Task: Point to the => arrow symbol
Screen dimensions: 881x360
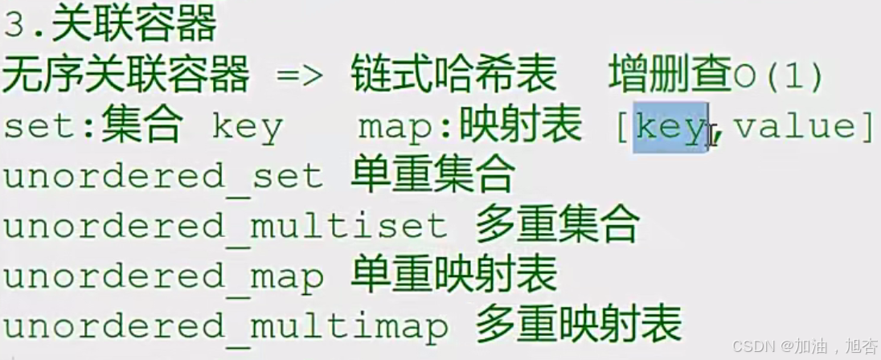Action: tap(299, 77)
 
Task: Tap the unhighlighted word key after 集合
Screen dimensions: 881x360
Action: tap(247, 128)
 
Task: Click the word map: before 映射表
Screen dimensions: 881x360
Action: tap(407, 127)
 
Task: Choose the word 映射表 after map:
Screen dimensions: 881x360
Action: tap(520, 126)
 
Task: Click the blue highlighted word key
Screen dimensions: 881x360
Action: tap(669, 127)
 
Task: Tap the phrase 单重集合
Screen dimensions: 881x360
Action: tap(432, 176)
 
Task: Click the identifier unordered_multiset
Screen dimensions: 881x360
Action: tap(225, 227)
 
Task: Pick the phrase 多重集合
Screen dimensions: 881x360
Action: tap(557, 226)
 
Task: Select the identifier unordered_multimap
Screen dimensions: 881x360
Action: tap(225, 326)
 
